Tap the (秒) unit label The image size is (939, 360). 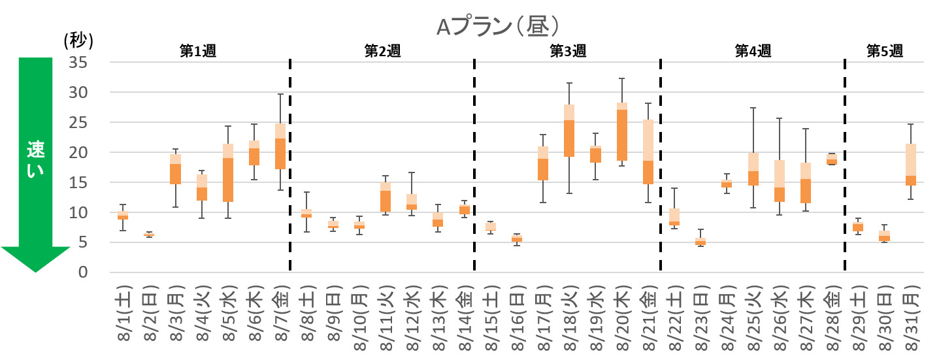tap(79, 41)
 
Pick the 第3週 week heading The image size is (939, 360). tap(568, 52)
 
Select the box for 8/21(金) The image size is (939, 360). tap(648, 152)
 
